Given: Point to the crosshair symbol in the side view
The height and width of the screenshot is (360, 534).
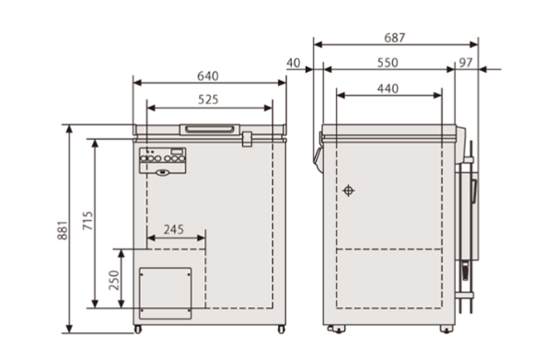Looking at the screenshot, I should (348, 191).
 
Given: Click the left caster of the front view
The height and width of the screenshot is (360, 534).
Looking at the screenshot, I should (138, 329).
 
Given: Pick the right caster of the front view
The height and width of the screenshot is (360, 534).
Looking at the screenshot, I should (282, 329).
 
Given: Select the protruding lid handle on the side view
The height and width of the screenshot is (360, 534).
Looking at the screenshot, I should (317, 151).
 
